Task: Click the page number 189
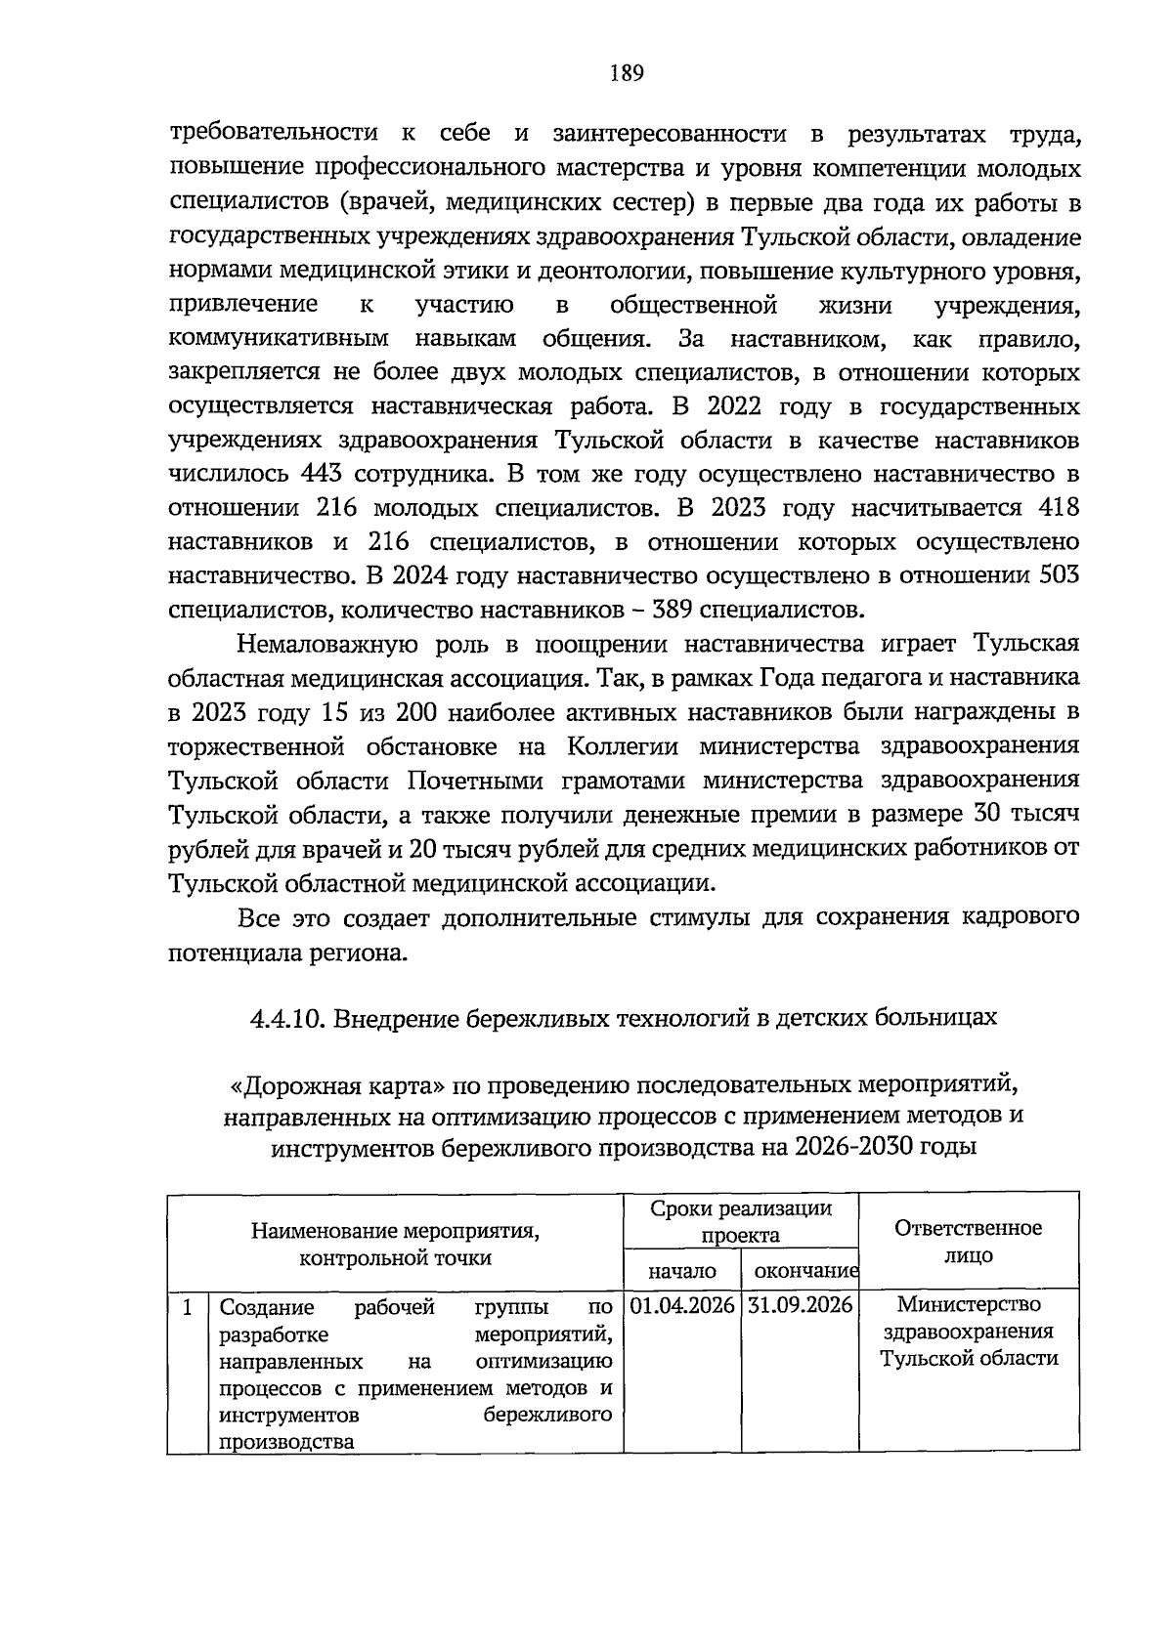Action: point(626,73)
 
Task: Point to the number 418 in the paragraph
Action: point(1058,508)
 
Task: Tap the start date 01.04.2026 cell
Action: point(682,1305)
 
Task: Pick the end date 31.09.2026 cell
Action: point(801,1305)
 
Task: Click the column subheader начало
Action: point(682,1271)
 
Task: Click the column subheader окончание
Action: point(801,1271)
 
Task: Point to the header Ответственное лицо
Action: point(968,1242)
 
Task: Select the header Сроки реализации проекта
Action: point(741,1221)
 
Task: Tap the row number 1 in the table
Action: point(187,1306)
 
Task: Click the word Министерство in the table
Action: point(969,1304)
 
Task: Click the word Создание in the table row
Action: point(267,1307)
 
